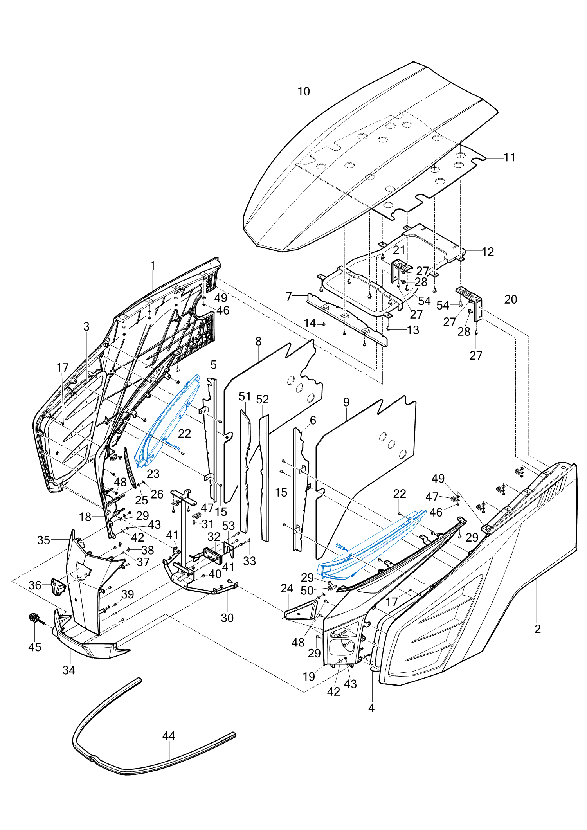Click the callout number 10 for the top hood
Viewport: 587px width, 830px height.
(x=304, y=92)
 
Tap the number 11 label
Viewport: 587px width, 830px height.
(x=510, y=157)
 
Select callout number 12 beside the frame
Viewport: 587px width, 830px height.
(x=488, y=252)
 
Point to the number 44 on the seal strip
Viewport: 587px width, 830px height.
(x=169, y=736)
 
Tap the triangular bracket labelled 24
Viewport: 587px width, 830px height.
(x=300, y=611)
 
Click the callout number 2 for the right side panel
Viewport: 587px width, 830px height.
(x=538, y=629)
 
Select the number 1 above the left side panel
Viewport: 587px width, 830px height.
(x=153, y=266)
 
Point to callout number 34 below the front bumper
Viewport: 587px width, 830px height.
(x=69, y=670)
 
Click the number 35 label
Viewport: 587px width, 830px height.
(x=43, y=540)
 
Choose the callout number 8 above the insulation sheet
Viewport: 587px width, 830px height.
(x=258, y=341)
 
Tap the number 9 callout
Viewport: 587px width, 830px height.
(x=346, y=402)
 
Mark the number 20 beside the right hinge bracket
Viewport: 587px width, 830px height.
(x=511, y=299)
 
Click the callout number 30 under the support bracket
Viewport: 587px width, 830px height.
(x=227, y=618)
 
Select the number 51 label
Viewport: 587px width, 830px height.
(x=245, y=396)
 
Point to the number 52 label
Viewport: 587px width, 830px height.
(x=263, y=399)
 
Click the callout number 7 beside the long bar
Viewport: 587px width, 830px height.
(x=289, y=296)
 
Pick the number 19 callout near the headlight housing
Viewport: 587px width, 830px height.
(x=309, y=677)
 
